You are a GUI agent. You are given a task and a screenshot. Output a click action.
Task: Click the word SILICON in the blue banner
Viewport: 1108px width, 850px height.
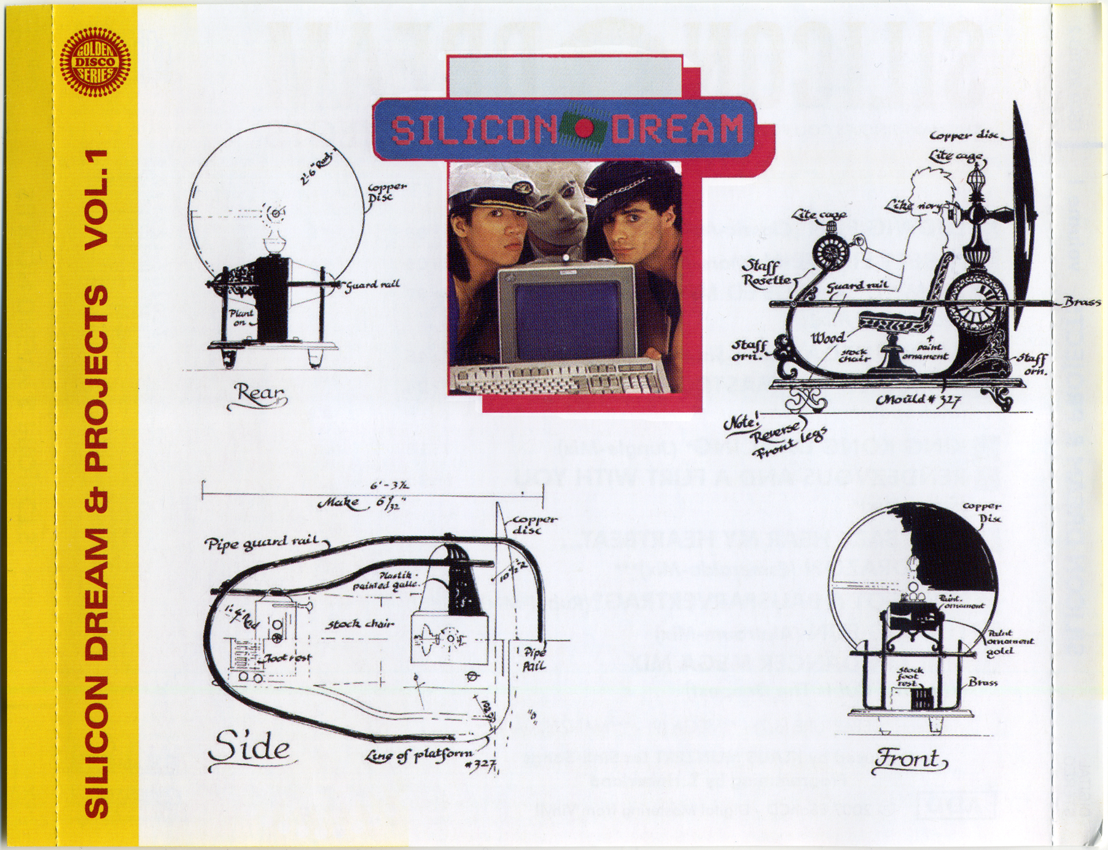474,130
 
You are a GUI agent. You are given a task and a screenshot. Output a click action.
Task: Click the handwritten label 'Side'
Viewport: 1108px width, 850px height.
248,749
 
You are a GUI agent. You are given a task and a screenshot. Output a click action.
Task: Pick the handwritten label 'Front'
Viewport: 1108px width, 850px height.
908,760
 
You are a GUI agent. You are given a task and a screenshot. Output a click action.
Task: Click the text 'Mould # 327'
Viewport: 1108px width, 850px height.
918,400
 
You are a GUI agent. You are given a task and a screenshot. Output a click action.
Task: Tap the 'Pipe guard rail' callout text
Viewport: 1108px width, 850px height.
262,543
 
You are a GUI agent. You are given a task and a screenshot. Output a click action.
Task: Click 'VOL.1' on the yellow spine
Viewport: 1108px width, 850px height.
96,200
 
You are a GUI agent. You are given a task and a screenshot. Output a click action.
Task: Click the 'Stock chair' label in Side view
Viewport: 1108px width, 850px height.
359,624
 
